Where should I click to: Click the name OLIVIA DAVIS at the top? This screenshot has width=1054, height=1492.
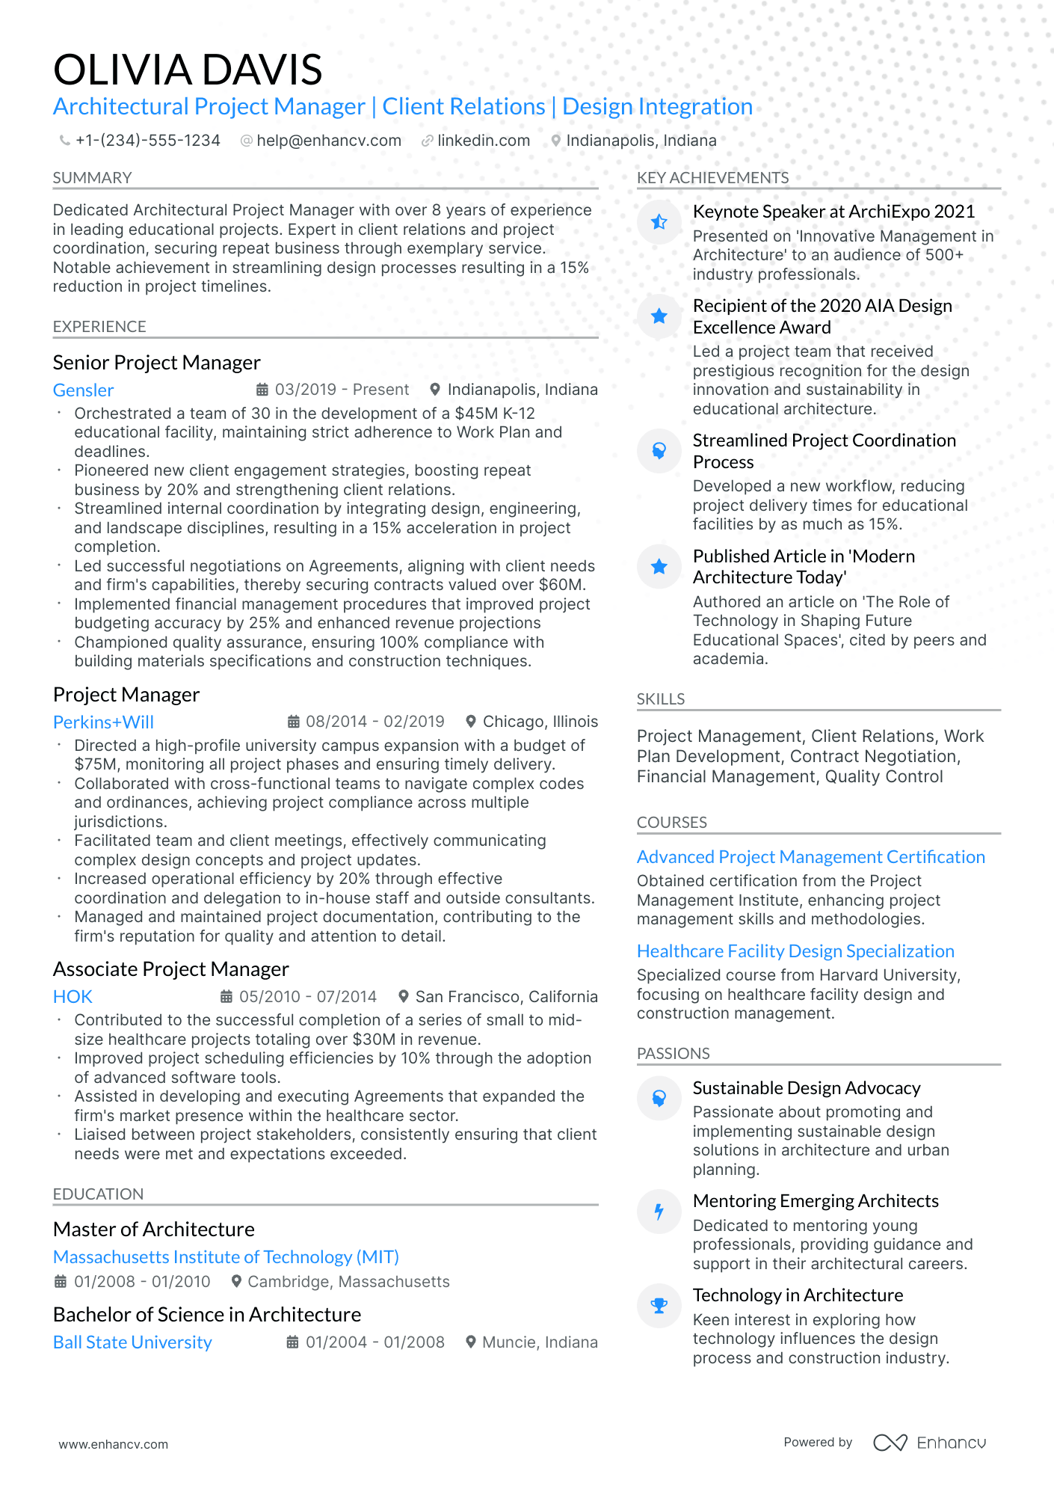[188, 70]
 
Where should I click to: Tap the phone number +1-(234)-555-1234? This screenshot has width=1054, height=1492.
[147, 141]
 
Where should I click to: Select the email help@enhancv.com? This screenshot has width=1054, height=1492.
[328, 141]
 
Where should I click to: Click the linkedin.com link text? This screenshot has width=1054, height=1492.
[483, 141]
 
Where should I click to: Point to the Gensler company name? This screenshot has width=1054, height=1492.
[83, 390]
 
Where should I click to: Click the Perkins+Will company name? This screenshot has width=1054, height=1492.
[103, 722]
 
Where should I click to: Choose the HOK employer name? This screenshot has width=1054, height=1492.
[73, 997]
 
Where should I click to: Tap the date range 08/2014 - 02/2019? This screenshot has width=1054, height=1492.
[375, 722]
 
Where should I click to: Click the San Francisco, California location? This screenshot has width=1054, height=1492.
[506, 997]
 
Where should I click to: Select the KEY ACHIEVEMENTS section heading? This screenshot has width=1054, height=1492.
[712, 178]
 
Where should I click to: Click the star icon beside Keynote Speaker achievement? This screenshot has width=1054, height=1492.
[659, 222]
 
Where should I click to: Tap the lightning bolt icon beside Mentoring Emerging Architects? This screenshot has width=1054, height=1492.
[659, 1212]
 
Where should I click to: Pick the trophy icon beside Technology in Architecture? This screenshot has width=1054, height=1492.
[659, 1306]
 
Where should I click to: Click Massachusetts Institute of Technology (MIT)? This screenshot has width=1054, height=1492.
[226, 1257]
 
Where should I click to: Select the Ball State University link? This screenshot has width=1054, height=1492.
[132, 1342]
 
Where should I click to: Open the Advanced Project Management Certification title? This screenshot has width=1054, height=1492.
[810, 857]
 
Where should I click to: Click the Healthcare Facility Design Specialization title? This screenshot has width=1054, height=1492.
[795, 951]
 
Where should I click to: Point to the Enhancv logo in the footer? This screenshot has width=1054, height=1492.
[929, 1443]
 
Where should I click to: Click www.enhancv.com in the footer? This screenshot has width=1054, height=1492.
[114, 1444]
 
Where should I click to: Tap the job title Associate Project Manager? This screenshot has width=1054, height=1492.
[170, 969]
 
